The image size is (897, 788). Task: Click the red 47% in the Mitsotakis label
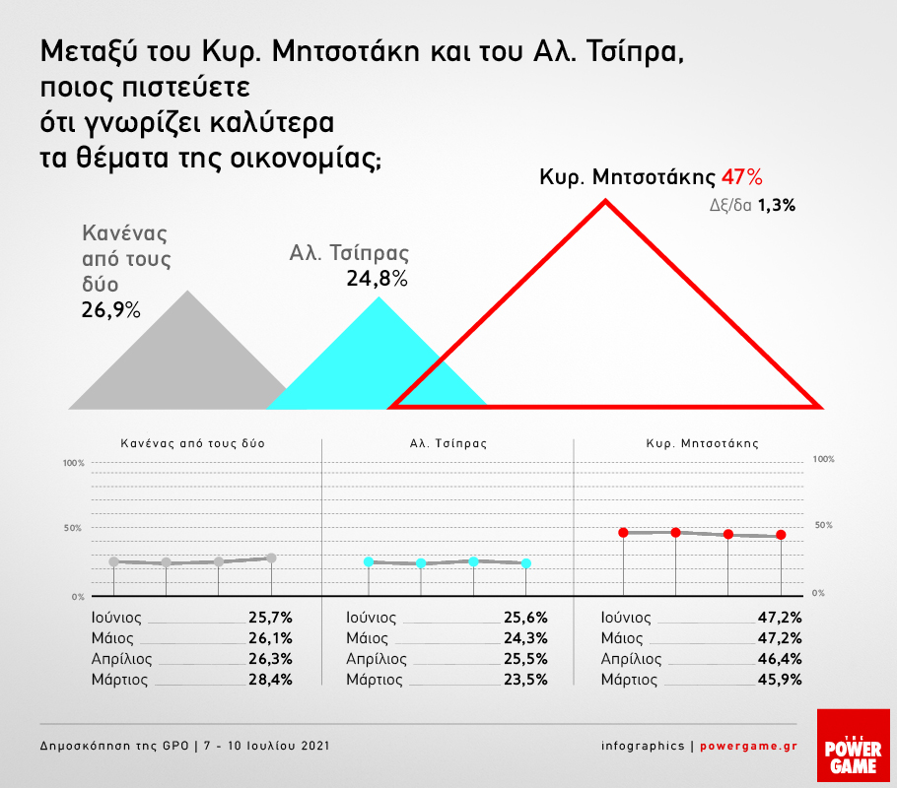pyautogui.click(x=742, y=178)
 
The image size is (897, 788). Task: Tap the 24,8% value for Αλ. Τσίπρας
pyautogui.click(x=377, y=279)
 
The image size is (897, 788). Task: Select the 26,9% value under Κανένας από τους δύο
pyautogui.click(x=110, y=311)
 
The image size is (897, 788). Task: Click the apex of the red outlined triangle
pyautogui.click(x=605, y=201)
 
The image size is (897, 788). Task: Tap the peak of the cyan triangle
pyautogui.click(x=378, y=296)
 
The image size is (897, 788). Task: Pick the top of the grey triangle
pyautogui.click(x=187, y=291)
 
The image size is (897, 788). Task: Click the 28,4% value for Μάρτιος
pyautogui.click(x=271, y=680)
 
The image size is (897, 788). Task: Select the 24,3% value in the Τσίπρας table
pyautogui.click(x=523, y=638)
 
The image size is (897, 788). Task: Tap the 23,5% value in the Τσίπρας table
pyautogui.click(x=523, y=680)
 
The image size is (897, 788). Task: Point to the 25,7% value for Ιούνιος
pyautogui.click(x=271, y=618)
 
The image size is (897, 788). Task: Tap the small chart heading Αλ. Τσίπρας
pyautogui.click(x=448, y=443)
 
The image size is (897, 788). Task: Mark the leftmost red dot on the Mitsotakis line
pyautogui.click(x=623, y=533)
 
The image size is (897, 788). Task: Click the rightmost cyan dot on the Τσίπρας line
pyautogui.click(x=526, y=563)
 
